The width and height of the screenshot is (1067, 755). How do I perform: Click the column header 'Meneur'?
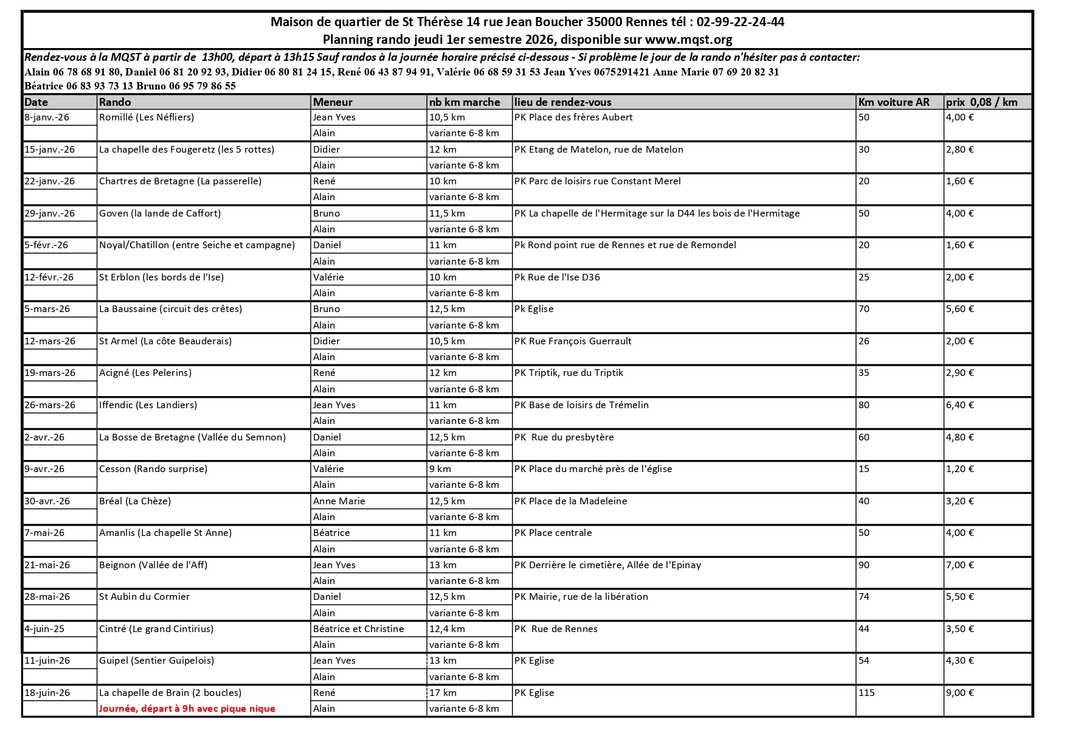[333, 102]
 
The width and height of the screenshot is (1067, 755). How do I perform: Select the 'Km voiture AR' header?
[894, 102]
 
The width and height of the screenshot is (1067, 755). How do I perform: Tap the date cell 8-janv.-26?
[47, 117]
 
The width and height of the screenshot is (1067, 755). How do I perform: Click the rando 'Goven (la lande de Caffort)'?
[160, 214]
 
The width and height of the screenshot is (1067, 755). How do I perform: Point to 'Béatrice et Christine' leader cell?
[359, 629]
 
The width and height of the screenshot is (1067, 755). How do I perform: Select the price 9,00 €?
[960, 693]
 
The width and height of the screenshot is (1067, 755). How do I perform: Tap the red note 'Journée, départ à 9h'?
[187, 709]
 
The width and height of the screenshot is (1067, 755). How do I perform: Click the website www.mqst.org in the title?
[688, 40]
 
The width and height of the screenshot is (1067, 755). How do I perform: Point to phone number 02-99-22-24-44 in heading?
[740, 23]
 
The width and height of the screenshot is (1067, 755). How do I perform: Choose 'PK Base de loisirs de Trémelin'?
[581, 405]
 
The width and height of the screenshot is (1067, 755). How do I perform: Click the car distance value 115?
[866, 693]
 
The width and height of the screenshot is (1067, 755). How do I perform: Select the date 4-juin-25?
[44, 629]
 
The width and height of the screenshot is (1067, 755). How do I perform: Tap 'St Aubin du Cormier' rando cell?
[145, 597]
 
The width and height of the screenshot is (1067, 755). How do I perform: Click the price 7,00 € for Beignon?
[960, 565]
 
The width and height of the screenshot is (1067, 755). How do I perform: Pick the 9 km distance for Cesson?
[440, 469]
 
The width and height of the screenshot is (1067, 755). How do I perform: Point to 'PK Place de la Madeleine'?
[570, 501]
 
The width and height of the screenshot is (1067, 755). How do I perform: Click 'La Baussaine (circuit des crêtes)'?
[171, 309]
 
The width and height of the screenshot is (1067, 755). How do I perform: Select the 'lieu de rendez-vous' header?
[563, 102]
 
